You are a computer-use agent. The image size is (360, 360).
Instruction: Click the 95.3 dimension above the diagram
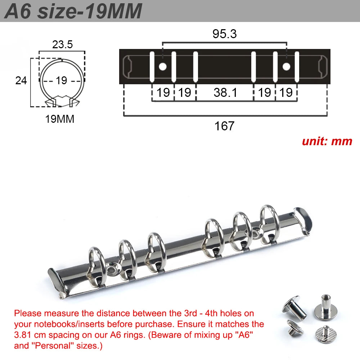tap(224, 34)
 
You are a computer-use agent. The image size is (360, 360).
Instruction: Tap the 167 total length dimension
tap(224, 126)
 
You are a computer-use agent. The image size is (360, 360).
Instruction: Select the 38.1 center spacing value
tap(225, 93)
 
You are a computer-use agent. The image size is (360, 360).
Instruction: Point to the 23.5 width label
tap(62, 44)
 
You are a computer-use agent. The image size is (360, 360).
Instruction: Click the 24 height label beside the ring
tap(21, 81)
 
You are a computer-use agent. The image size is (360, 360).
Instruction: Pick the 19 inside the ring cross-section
tap(61, 81)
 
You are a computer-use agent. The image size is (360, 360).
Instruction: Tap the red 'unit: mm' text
tap(327, 141)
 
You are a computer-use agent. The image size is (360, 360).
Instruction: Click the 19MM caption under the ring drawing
tap(60, 119)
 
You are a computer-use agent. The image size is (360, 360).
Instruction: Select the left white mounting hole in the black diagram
tap(163, 67)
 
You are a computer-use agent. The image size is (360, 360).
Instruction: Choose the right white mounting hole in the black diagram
tap(286, 67)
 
